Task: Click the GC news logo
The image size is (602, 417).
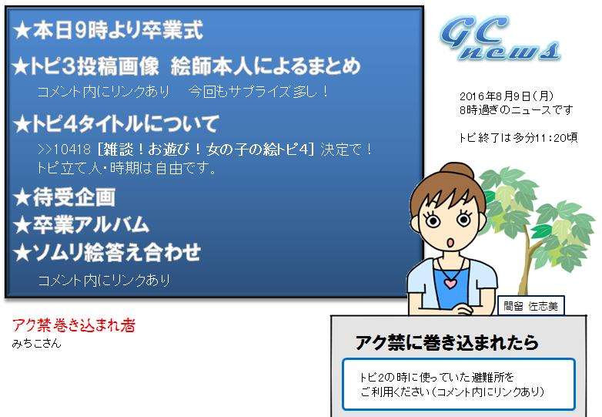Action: point(499,39)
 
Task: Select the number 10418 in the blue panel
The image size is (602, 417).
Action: point(72,149)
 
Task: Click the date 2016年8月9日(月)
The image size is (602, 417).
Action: point(507,96)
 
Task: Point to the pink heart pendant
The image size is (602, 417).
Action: point(450,283)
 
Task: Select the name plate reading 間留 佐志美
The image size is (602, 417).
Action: point(530,306)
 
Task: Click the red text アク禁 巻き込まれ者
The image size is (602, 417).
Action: point(74,325)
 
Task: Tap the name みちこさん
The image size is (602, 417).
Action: point(36,343)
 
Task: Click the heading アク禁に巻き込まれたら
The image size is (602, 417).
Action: point(447,342)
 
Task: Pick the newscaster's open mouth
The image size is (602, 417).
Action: point(451,243)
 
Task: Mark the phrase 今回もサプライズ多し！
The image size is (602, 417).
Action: point(259,92)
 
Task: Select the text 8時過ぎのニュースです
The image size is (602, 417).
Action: point(516,110)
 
